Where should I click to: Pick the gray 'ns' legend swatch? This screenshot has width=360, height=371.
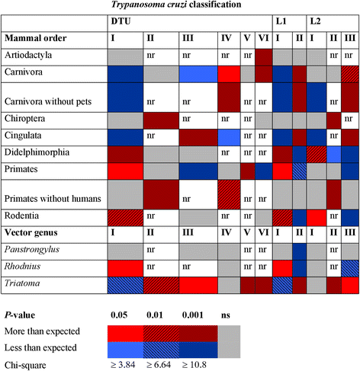pyautogui.click(x=236, y=341)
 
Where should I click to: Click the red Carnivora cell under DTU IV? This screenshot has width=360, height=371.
pyautogui.click(x=228, y=74)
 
